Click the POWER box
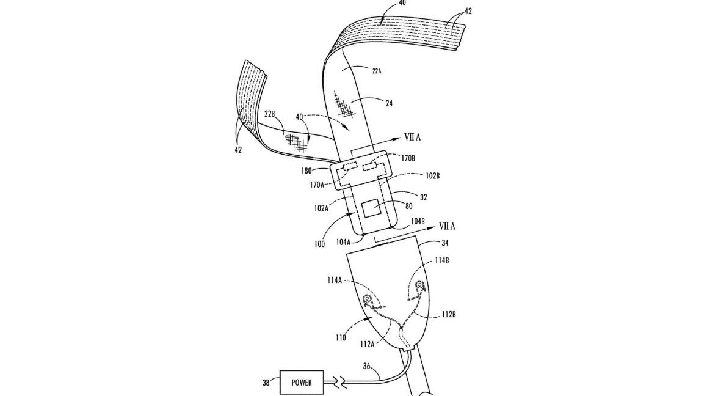point(302,383)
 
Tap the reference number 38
point(266,383)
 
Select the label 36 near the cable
point(368,366)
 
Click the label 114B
point(441,260)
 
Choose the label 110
point(341,337)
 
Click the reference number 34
point(444,243)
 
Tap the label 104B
point(418,221)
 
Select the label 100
point(319,244)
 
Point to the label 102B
point(432,176)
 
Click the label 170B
point(407,158)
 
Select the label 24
point(389,103)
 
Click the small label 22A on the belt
point(377,71)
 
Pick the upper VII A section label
point(412,137)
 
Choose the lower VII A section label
point(446,226)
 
